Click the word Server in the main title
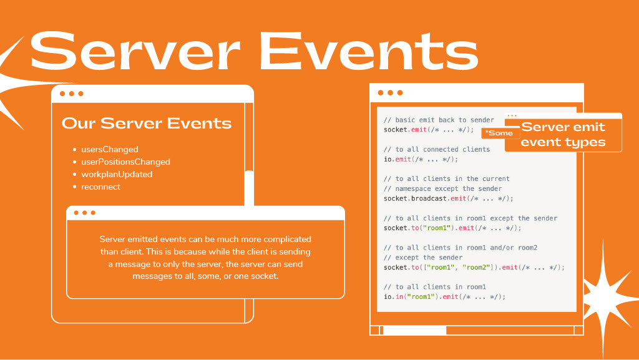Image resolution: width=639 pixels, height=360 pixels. coord(135,51)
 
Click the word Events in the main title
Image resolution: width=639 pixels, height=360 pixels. coord(369,51)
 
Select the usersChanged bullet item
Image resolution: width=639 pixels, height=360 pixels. coord(110,150)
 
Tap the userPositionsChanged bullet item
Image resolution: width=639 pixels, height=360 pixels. coord(125,162)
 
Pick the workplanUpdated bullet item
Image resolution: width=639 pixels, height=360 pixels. coord(117,174)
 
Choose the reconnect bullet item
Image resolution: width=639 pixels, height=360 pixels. coord(100,187)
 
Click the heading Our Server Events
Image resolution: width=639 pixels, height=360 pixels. coord(147,123)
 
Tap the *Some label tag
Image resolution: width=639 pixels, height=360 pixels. coord(500,133)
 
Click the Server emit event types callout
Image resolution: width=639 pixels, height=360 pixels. coord(563,134)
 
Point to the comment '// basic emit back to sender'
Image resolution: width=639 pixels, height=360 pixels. coord(439,120)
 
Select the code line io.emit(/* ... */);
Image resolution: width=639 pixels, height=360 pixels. coord(421,159)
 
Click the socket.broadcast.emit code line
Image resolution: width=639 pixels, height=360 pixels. coord(448,199)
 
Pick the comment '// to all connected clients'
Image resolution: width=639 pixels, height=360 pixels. coord(436,150)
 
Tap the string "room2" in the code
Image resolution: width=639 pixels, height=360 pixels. coord(476,268)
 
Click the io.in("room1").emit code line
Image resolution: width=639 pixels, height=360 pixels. coord(444,297)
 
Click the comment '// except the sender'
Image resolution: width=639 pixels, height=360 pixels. coord(423,258)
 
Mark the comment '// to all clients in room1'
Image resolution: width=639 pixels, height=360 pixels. coord(435,287)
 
